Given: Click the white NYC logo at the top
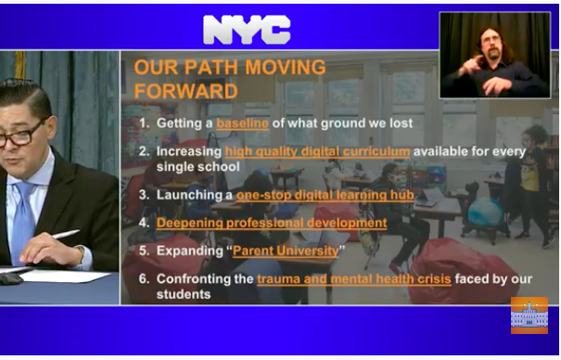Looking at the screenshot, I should [247, 30].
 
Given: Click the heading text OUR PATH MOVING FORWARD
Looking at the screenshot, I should [230, 79].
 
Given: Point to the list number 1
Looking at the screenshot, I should [143, 122].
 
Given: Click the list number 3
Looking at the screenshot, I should [143, 195].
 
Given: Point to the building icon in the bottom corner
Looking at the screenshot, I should [529, 315].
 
